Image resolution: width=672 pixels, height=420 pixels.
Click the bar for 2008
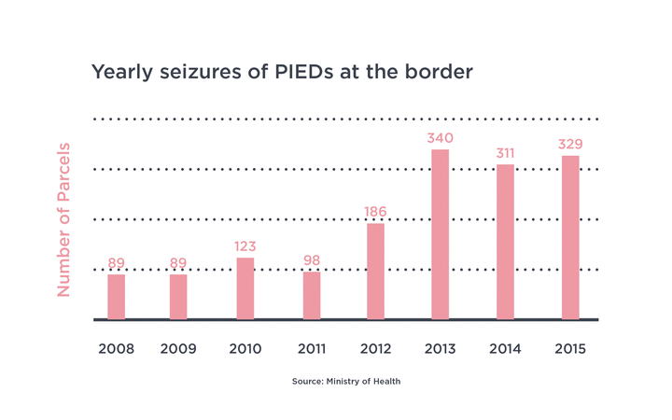116,296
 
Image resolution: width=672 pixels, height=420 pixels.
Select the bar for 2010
245,288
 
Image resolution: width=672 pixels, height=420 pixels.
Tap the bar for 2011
312,295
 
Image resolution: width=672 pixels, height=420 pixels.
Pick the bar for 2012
375,271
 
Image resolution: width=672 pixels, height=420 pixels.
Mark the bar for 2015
570,237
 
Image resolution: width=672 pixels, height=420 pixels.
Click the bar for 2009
178,296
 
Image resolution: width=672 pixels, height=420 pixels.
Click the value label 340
441,139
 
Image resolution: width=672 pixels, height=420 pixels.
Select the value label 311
505,154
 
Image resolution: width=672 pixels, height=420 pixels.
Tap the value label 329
570,145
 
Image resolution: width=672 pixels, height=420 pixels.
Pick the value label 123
245,246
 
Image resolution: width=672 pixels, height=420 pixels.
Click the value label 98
312,260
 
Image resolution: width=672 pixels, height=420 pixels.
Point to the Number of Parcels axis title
63,220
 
